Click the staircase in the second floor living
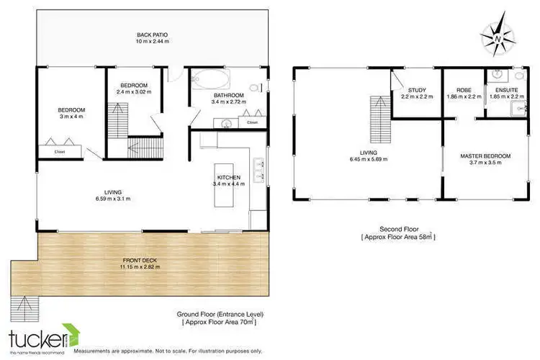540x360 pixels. point(378,120)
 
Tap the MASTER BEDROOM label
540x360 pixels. point(485,156)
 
